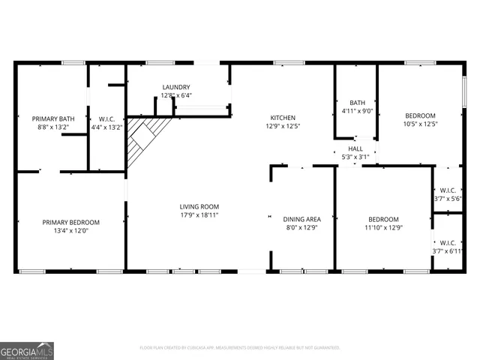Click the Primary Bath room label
pos(52,118)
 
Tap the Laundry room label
pos(176,87)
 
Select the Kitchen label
pos(283,118)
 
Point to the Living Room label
pos(199,206)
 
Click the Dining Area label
pos(302,219)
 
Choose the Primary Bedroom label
pos(70,222)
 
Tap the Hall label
pos(355,148)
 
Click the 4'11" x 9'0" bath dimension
pos(355,112)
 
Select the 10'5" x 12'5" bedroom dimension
pos(420,124)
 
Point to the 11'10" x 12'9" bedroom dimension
pos(384,227)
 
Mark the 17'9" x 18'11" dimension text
pos(199,214)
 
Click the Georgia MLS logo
pos(27,351)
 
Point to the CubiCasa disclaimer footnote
pos(240,348)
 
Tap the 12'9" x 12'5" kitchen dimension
pos(283,126)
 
